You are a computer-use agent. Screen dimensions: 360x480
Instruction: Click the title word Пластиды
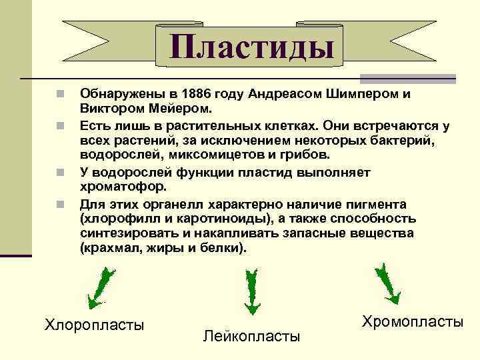[x=251, y=48]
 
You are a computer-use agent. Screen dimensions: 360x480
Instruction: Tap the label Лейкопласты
[x=251, y=335]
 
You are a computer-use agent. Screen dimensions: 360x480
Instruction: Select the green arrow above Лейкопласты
[x=253, y=291]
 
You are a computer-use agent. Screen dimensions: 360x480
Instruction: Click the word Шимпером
[x=357, y=94]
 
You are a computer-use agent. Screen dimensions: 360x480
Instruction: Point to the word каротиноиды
[x=211, y=218]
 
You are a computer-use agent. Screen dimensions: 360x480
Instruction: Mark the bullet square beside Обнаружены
[x=61, y=94]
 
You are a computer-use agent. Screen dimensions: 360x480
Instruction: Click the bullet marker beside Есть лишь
[x=61, y=125]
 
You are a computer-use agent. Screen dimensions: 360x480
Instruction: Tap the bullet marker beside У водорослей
[x=61, y=171]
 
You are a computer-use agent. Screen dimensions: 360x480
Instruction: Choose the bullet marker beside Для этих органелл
[x=61, y=203]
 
